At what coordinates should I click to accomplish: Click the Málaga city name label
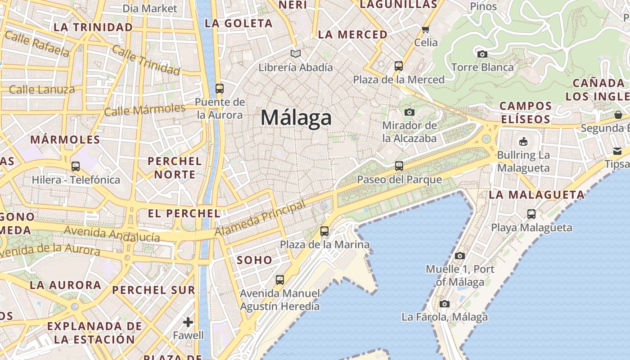coord(296,118)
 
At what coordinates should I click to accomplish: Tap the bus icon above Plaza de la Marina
coord(324,231)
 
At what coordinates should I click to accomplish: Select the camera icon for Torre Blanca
coord(482,54)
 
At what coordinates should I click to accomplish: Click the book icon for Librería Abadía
coord(295,54)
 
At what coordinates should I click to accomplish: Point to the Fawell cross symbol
coord(188,322)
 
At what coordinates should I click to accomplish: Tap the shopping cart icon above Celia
coord(426,30)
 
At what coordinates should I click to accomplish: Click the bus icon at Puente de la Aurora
coord(220,89)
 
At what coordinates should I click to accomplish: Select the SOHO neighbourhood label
coord(254,260)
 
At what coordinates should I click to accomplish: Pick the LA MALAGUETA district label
coord(536,195)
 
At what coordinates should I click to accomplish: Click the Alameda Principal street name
coord(260,219)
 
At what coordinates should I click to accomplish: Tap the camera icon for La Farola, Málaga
coord(445,304)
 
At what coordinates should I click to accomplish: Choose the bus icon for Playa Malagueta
coord(531,214)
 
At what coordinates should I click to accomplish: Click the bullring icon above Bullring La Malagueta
coord(523,142)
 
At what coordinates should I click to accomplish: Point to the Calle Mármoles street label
coord(144,109)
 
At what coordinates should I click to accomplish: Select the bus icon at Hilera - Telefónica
coord(76,166)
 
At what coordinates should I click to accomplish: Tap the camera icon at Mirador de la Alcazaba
coord(409,112)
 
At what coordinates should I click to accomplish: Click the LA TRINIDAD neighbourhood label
coord(93,27)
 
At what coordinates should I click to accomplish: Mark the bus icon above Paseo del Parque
coord(399,166)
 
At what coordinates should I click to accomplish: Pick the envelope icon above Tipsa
coord(617,151)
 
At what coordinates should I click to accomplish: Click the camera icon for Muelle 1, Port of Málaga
coord(460,256)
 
